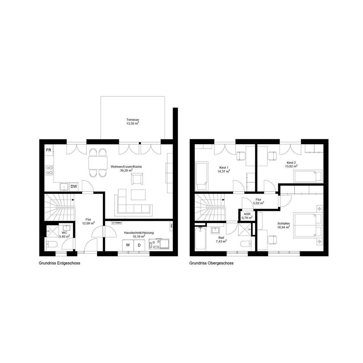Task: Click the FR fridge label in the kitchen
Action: [49, 150]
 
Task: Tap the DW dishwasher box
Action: [74, 187]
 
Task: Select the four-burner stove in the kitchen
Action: [49, 170]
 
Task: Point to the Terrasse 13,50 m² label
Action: [132, 122]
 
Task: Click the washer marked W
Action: [128, 245]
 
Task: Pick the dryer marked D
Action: [139, 245]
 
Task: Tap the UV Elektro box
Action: [117, 223]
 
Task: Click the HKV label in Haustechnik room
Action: [172, 226]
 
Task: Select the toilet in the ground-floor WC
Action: [52, 244]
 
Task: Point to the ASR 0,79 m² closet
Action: [247, 216]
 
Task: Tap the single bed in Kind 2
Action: [308, 176]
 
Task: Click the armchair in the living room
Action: [137, 179]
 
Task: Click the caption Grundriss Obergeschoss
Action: [211, 263]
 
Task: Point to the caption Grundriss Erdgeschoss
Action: [59, 263]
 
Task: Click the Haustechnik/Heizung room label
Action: [139, 233]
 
